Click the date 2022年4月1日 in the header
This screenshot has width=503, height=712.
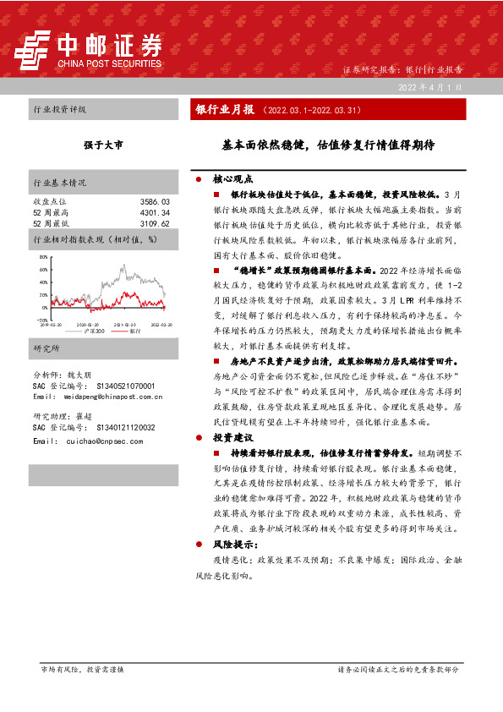431,87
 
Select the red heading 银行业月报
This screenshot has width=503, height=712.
224,110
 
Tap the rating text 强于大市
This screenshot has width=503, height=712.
103,145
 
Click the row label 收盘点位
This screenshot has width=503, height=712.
47,202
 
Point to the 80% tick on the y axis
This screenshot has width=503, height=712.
43,255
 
